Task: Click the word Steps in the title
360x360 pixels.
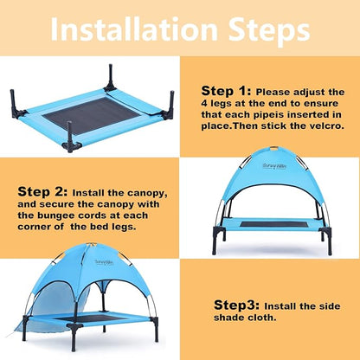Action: tap(264, 31)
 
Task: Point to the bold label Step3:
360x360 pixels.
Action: tap(236, 306)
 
